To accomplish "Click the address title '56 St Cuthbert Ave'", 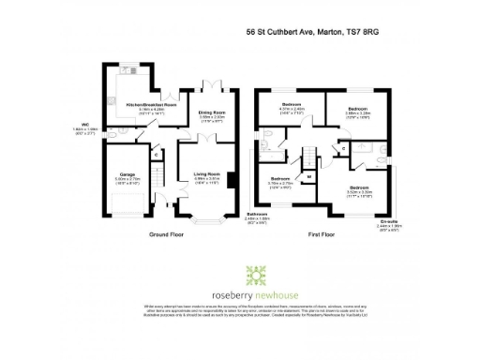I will [281, 31].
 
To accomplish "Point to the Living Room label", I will [206, 173].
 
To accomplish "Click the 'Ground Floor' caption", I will [164, 235].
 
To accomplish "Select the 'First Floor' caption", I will [324, 235].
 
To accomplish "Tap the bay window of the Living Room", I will [207, 223].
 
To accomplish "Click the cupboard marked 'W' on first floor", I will [308, 175].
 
